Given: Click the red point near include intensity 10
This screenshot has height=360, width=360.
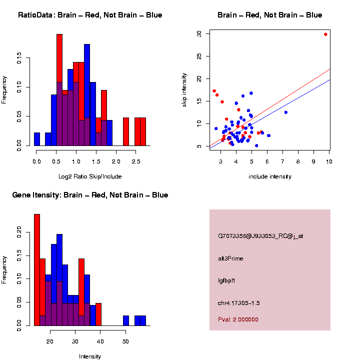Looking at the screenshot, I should click(325, 34).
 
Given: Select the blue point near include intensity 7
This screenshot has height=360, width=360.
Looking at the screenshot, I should click(286, 112).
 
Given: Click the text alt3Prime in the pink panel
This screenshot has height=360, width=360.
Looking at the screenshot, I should click(230, 258).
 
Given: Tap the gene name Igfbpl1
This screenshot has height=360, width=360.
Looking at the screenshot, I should click(226, 281).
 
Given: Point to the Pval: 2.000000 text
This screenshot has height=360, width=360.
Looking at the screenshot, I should click(238, 319).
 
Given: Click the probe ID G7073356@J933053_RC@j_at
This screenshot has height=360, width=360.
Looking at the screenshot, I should click(260, 236).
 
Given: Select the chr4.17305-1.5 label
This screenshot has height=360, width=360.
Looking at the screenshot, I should click(238, 303).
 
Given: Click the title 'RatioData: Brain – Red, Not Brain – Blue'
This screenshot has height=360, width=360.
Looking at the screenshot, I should click(90, 15).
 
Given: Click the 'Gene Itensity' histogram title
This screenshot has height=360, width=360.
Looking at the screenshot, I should click(90, 195).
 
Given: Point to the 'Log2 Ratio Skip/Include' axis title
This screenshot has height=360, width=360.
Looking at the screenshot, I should click(89, 176).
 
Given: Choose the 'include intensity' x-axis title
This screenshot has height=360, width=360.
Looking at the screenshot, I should click(270, 176).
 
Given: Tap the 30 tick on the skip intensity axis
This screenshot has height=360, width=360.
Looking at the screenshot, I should click(199, 33).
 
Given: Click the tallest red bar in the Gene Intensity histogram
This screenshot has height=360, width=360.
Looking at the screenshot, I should click(37, 270).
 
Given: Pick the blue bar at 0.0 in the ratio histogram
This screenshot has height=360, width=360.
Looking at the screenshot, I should click(37, 140).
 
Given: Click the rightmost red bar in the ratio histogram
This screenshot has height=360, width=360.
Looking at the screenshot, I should click(143, 132).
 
